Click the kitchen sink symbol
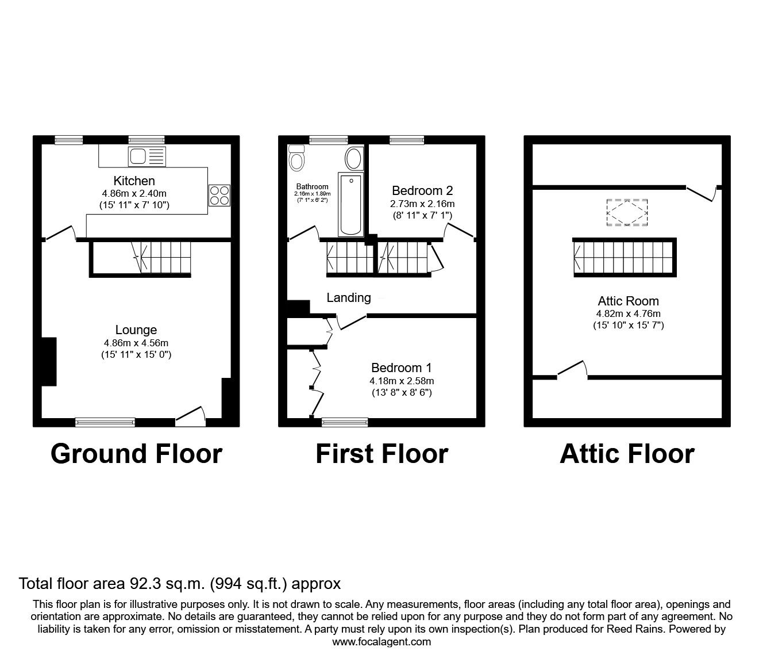pos(147,156)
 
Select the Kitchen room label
pos(134,181)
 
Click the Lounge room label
pos(136,330)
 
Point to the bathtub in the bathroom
pos(350,204)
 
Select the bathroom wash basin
pos(353,158)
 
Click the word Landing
pos(349,297)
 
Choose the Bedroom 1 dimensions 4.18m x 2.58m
pos(402,381)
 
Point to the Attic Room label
pos(628,301)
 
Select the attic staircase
pos(625,257)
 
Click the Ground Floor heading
pos(136,454)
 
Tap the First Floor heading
pos(381,454)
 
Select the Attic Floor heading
pos(627,454)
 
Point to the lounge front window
pos(105,422)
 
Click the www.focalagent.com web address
pos(381,642)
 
